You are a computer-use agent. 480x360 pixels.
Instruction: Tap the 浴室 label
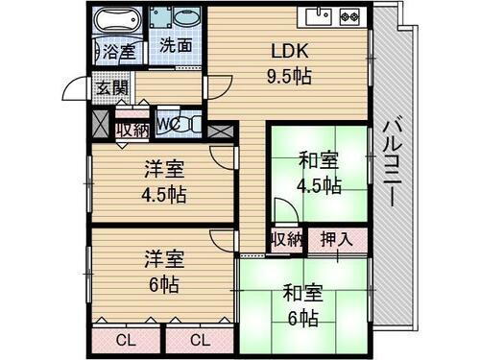120,50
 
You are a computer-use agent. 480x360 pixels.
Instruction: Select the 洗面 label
175,44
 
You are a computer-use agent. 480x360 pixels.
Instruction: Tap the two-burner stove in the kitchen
348,15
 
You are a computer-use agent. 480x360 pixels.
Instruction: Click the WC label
166,123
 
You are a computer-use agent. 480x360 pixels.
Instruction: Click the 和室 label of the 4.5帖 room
318,159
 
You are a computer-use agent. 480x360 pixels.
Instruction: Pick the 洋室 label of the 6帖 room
164,260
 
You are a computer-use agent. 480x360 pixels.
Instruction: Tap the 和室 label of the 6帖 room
301,293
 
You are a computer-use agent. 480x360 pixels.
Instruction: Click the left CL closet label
126,339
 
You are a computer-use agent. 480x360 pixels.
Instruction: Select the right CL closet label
200,339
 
